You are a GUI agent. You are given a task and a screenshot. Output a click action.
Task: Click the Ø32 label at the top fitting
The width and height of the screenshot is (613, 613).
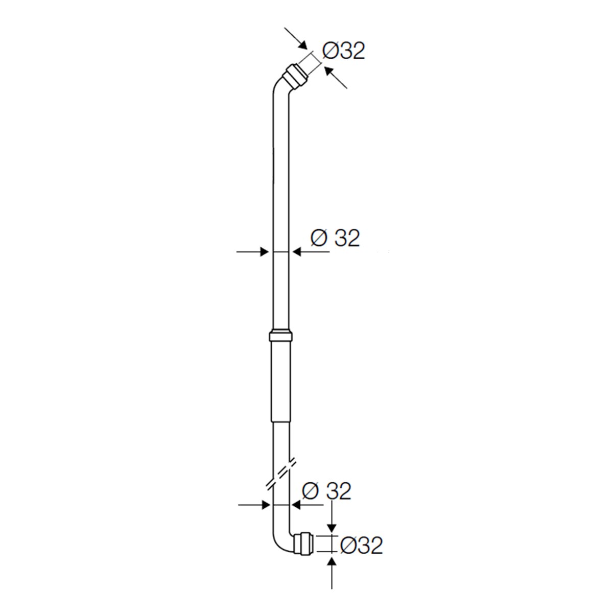click(x=344, y=51)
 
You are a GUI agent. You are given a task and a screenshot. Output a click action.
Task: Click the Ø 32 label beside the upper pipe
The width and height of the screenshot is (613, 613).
click(x=335, y=238)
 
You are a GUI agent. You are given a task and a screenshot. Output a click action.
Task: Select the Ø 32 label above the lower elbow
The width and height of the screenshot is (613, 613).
click(x=327, y=491)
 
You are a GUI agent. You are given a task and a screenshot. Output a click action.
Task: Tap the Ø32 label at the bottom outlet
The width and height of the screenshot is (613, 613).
click(x=361, y=546)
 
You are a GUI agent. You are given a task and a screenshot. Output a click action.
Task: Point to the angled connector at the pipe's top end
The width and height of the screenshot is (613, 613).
click(x=296, y=75)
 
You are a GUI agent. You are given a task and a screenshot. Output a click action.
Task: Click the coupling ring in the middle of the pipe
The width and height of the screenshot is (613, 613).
click(x=280, y=336)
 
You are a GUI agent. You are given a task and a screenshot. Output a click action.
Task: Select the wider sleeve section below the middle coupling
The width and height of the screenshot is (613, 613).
click(x=280, y=381)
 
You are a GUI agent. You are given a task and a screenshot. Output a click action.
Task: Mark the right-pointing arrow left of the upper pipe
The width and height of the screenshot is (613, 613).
click(x=253, y=251)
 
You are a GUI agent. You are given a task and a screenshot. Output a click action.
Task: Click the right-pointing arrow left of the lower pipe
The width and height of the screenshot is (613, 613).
click(x=254, y=505)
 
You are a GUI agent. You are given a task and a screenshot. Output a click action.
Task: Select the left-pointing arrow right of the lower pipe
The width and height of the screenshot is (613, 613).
click(x=306, y=505)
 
